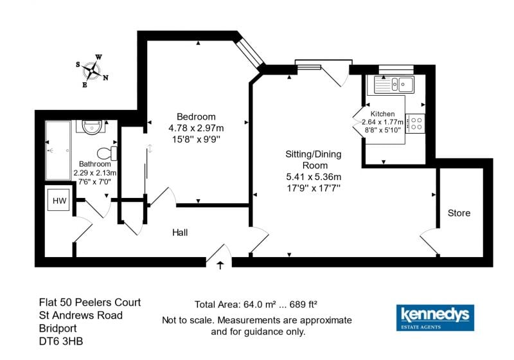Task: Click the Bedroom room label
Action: tap(196, 117)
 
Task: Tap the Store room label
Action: tap(459, 213)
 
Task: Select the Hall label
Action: tap(180, 233)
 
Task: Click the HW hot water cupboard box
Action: tap(59, 200)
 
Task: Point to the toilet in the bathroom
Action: tap(107, 153)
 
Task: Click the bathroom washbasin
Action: tap(92, 127)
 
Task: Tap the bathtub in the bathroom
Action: tap(58, 150)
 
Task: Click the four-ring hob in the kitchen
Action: tap(415, 123)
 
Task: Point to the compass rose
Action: tap(92, 71)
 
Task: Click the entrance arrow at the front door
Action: tap(220, 265)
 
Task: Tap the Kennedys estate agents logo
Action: tap(435, 318)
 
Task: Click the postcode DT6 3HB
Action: tap(61, 341)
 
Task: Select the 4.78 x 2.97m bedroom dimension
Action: tap(196, 128)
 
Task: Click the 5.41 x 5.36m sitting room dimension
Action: tap(314, 177)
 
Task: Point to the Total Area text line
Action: tap(256, 305)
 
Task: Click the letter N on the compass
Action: tap(105, 78)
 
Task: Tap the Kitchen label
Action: tap(382, 114)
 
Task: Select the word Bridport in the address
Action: tap(58, 328)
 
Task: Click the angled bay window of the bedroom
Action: tap(250, 53)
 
